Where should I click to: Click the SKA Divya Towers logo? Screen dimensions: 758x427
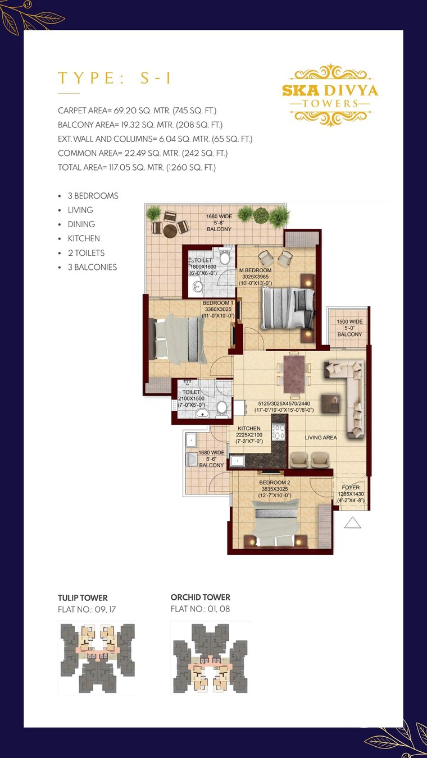click(x=330, y=95)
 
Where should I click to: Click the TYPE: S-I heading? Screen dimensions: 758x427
click(x=115, y=78)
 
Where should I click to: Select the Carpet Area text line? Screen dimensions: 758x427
click(x=137, y=111)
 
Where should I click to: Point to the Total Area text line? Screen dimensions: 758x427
click(x=137, y=167)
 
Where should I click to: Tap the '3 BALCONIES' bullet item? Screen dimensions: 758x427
click(x=92, y=267)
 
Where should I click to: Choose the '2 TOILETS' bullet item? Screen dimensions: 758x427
click(x=86, y=253)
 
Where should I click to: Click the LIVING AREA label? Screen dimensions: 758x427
click(x=320, y=438)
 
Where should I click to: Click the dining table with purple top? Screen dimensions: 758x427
click(x=293, y=374)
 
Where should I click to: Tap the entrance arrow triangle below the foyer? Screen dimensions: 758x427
click(x=352, y=523)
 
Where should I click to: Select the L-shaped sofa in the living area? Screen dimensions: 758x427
click(x=351, y=396)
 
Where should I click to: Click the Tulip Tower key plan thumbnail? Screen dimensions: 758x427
click(x=97, y=658)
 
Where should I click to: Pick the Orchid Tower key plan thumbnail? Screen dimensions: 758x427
click(x=210, y=658)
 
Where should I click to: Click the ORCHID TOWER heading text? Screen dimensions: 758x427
click(x=200, y=597)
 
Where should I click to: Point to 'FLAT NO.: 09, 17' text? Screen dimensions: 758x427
click(x=87, y=609)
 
